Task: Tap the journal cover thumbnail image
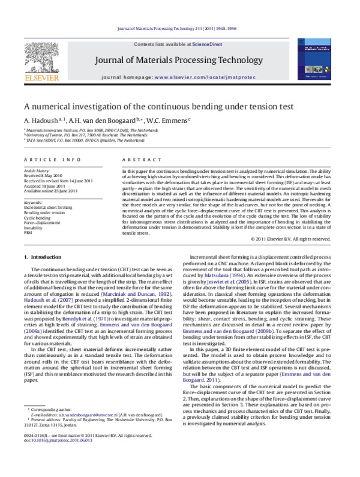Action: [x=317, y=62]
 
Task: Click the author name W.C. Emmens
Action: [x=170, y=120]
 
